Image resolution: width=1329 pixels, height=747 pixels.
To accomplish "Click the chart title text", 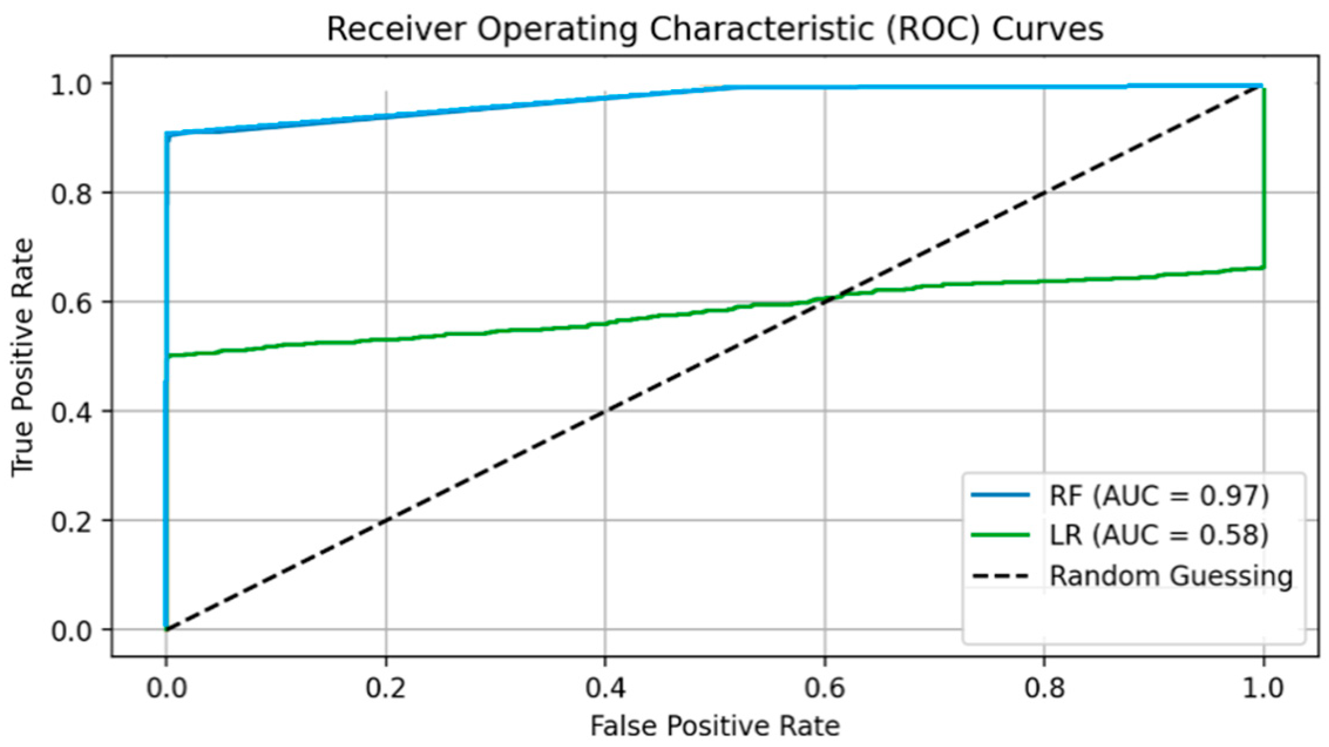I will pos(715,29).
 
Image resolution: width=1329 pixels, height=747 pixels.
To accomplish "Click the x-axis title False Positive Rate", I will pos(715,726).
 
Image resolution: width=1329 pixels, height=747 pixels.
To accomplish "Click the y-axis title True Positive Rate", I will pos(22,357).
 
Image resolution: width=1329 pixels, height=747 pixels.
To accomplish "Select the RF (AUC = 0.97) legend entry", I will pos(1158,496).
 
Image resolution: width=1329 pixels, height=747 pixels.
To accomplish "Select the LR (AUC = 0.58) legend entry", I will pos(1158,535).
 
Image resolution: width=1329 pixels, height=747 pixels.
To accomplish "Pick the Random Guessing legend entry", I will pos(1170,576).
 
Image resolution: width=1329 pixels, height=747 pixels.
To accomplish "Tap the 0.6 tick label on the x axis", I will pos(824,688).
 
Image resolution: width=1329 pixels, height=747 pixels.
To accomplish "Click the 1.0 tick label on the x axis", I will pos(1263,688).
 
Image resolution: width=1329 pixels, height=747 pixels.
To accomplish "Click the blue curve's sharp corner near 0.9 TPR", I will pos(167,134).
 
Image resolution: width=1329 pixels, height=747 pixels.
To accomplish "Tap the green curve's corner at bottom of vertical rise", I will pos(1263,268).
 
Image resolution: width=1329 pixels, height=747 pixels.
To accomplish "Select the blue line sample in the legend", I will pos(1000,495).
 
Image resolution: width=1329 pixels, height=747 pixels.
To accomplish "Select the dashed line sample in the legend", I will pos(1000,576).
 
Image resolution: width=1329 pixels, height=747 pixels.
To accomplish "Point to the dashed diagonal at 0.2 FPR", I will pos(386,520).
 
